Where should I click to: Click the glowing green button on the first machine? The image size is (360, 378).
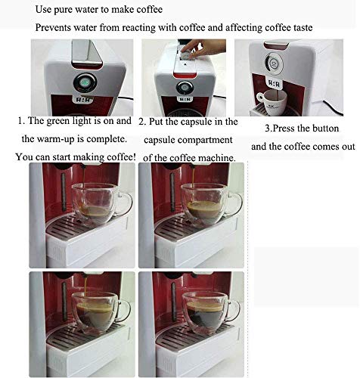point(85,82)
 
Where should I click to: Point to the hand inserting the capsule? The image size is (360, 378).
point(203,48)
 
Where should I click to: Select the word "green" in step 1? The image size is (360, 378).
point(59,121)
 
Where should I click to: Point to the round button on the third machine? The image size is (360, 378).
point(274,64)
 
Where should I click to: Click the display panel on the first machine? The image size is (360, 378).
point(83,100)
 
